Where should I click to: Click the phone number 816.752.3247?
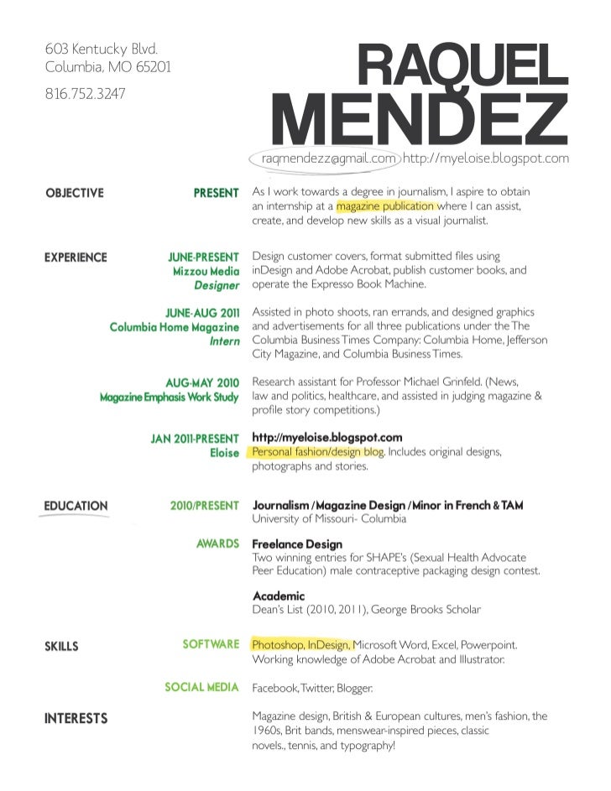(x=85, y=94)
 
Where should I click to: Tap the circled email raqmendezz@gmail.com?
(x=328, y=158)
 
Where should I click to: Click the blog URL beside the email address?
(x=486, y=158)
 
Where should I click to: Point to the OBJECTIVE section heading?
(x=74, y=193)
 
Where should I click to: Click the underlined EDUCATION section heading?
(x=76, y=506)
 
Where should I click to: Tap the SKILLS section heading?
(x=61, y=646)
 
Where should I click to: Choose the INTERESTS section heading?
(x=76, y=718)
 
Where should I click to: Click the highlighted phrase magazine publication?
(x=385, y=206)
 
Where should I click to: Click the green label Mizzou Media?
(x=206, y=272)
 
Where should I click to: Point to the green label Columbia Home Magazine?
(x=175, y=326)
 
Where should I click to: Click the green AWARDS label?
(x=217, y=544)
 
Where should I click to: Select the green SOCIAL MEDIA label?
(x=201, y=687)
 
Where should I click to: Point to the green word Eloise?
(x=224, y=453)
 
